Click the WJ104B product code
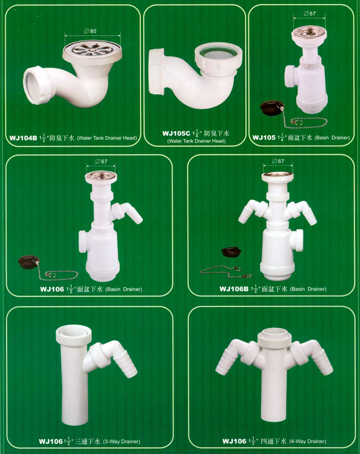23,138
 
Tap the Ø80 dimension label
90,31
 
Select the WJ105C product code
176,134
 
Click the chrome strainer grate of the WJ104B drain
92,48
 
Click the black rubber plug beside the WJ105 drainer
272,108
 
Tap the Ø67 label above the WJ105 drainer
310,13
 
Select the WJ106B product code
234,289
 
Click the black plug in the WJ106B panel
231,251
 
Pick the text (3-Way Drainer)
121,442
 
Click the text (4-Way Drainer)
308,441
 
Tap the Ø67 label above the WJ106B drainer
278,161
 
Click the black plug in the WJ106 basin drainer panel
28,262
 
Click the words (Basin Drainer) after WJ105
332,137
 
